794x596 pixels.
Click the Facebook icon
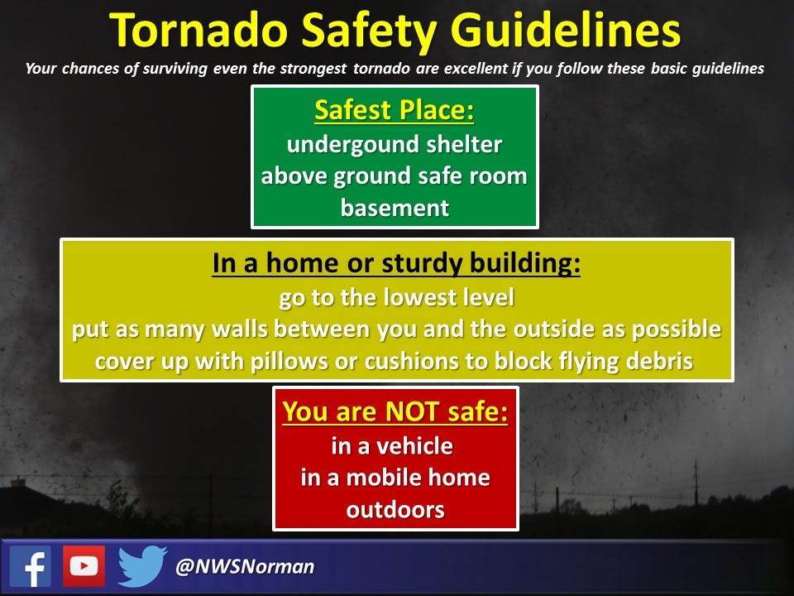coord(31,566)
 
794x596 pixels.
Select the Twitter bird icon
coord(141,566)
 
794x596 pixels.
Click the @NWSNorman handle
coord(245,566)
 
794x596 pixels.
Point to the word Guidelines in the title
coord(565,31)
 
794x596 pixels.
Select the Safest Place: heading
coord(395,110)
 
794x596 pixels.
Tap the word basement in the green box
coord(395,208)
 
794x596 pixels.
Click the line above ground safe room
coord(394,176)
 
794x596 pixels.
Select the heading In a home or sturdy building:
coord(396,263)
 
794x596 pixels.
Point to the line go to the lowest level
coord(396,297)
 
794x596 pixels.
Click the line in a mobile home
coord(395,478)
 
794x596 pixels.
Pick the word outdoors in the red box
coord(395,510)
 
